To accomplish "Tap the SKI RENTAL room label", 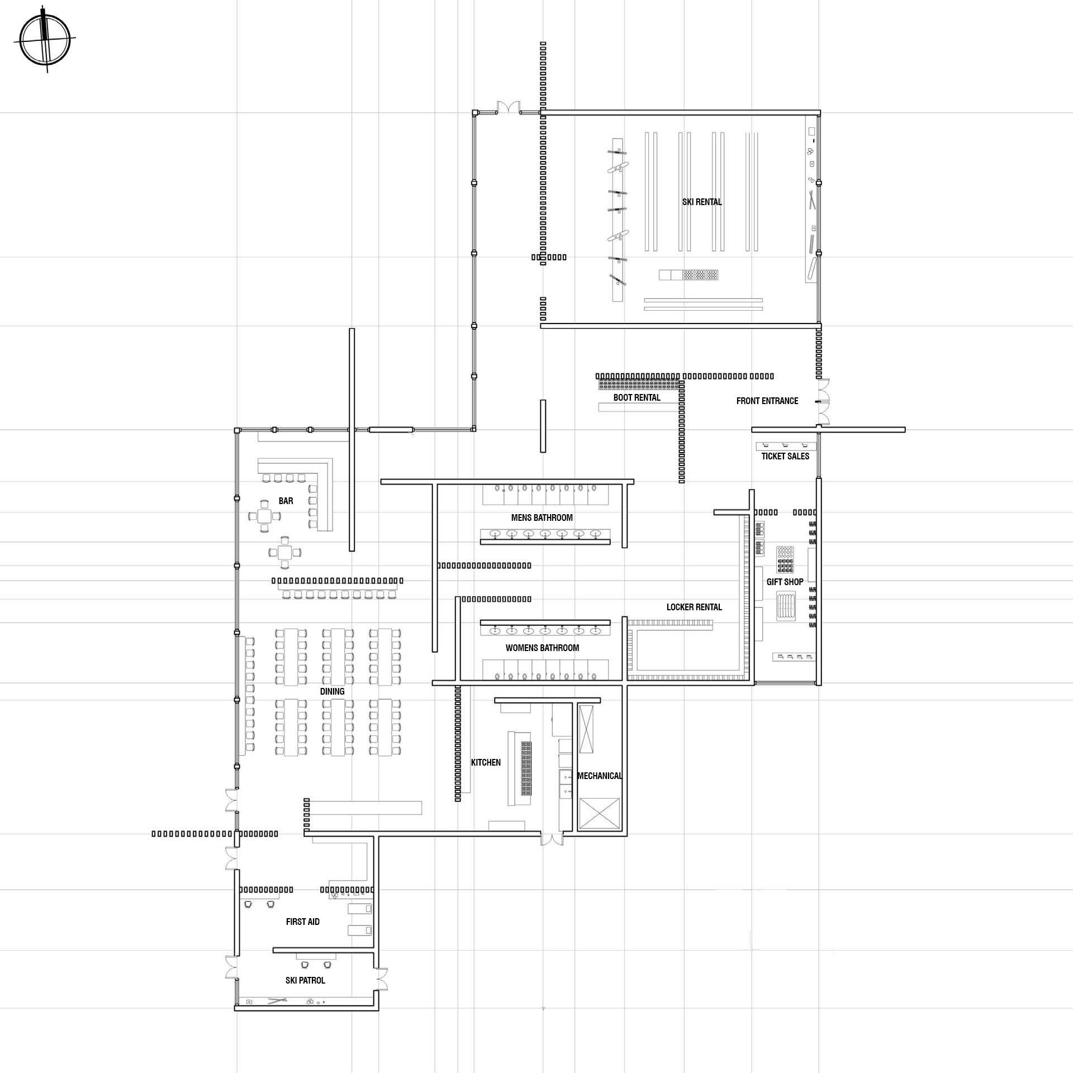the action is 702,202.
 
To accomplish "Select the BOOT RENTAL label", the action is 637,397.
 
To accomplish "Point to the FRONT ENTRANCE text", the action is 767,401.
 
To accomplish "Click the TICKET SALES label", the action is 785,456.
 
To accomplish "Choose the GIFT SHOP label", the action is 785,582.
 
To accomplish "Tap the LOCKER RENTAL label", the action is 694,607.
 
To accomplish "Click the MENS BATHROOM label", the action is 542,517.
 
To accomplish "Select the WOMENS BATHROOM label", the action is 542,648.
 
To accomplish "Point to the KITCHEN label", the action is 486,762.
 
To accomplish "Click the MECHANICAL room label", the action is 599,776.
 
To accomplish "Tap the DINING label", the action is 332,691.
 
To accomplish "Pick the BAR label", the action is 286,501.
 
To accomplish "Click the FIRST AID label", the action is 302,922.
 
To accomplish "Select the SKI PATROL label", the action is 305,980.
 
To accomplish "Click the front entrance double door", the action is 823,401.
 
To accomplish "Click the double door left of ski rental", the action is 509,108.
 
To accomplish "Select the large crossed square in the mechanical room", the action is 600,814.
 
